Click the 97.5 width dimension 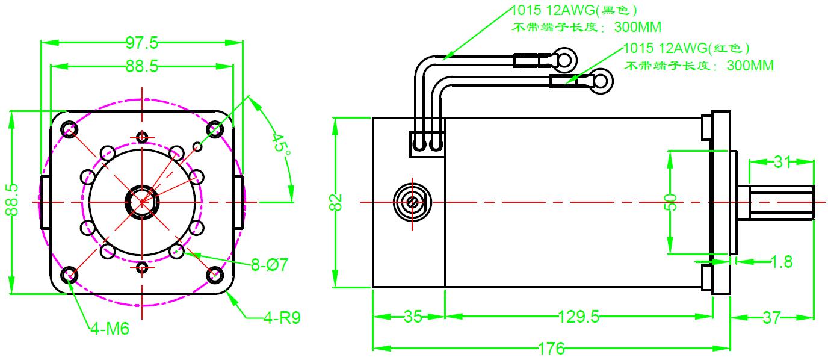click(142, 43)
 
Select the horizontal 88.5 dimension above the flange click(142, 66)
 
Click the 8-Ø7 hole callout click(270, 265)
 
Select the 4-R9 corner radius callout click(282, 317)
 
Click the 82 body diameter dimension click(337, 202)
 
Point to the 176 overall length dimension click(551, 349)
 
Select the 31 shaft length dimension click(781, 162)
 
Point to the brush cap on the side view click(412, 202)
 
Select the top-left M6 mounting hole click(70, 129)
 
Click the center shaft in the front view click(142, 202)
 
